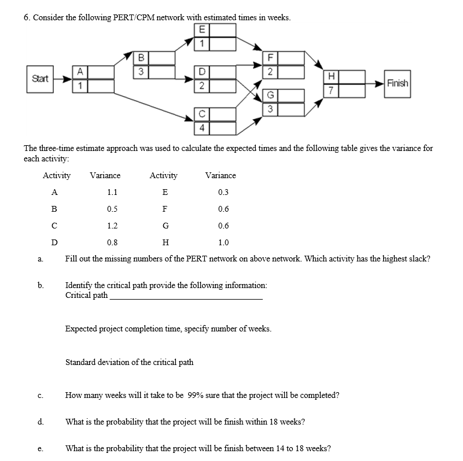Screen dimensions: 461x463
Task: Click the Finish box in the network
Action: point(398,83)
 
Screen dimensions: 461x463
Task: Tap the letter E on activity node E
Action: point(201,31)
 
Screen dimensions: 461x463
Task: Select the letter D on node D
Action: point(201,72)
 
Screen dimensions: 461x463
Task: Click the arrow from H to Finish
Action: point(370,83)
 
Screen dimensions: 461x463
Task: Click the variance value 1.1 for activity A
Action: point(112,193)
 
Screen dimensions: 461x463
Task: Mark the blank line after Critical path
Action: point(186,298)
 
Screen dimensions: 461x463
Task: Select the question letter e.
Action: point(38,449)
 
